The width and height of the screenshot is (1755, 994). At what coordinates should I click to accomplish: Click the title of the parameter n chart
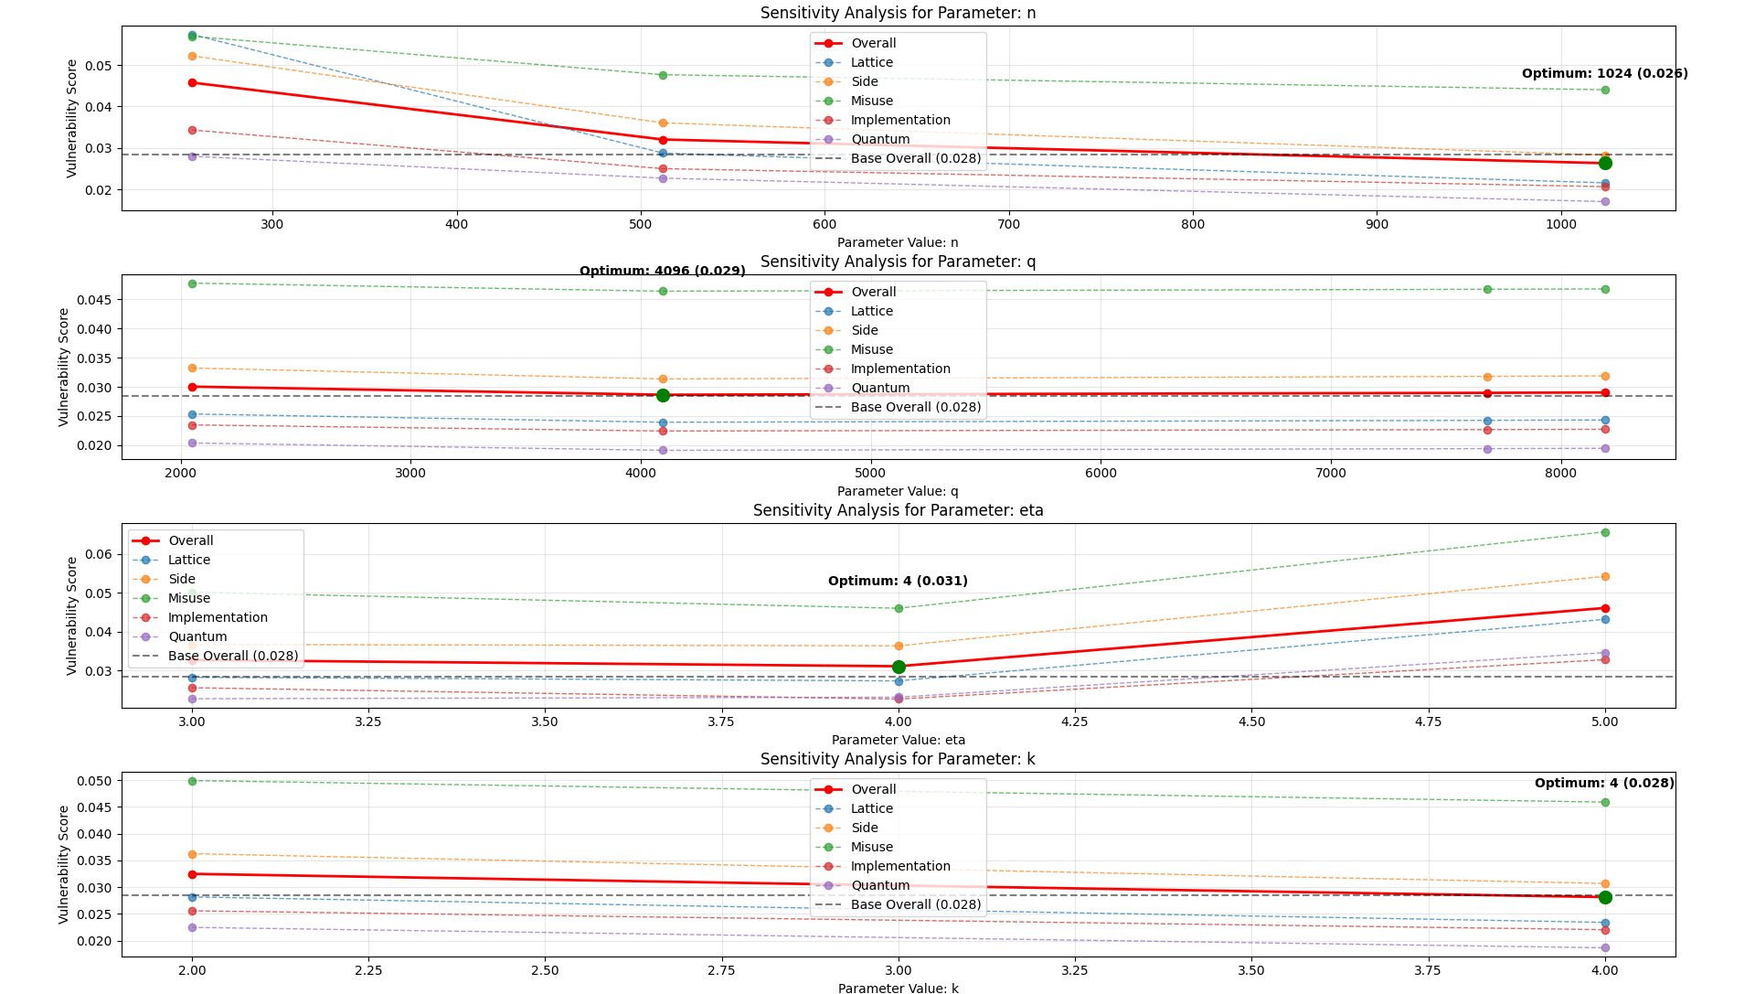point(898,13)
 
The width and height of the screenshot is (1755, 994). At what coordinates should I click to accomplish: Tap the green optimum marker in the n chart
point(1604,163)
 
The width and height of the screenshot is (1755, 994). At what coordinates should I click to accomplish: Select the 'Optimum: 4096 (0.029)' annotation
point(662,271)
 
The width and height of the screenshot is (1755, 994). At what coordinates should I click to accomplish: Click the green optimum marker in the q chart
point(663,395)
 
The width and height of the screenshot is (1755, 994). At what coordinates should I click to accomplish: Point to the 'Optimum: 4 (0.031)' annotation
point(898,581)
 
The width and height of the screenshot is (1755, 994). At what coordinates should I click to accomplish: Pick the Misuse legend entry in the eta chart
point(188,598)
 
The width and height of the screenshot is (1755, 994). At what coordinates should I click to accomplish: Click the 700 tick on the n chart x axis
point(1008,224)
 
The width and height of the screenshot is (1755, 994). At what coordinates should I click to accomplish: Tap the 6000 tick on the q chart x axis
point(1101,473)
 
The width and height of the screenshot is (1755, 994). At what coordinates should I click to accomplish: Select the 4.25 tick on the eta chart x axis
point(1075,721)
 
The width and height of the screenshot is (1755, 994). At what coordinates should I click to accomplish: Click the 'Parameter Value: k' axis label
point(898,988)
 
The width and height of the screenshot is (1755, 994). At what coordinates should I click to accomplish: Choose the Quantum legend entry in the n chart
point(879,139)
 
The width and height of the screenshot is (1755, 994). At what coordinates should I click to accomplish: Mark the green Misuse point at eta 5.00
point(1604,532)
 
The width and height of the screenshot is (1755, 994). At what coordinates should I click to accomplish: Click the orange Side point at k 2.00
point(192,854)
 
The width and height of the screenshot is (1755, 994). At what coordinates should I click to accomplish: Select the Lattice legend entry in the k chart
point(871,808)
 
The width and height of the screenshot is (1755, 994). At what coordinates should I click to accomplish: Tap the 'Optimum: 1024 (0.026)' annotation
point(1604,73)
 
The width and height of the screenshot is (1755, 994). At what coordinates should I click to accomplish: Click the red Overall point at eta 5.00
point(1604,608)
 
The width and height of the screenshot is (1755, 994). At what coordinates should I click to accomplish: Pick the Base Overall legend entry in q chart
point(915,407)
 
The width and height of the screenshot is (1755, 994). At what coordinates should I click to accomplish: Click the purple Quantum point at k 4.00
point(1604,947)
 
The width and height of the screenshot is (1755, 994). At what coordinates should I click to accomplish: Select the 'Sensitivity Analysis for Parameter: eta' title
point(898,510)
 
